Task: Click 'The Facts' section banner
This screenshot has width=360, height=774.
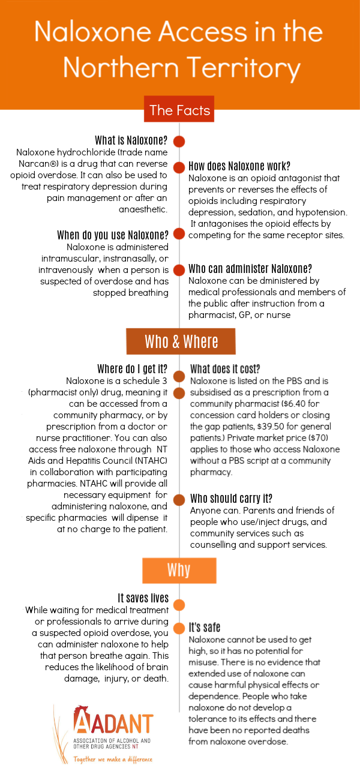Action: click(179, 110)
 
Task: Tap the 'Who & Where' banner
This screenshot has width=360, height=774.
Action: click(181, 341)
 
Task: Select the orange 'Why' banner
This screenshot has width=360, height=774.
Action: click(179, 569)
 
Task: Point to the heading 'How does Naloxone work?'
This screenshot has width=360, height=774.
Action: click(239, 166)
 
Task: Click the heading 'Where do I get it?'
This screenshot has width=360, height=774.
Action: click(132, 368)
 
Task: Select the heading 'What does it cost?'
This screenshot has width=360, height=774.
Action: click(225, 368)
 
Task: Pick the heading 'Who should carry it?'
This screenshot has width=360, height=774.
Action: click(232, 499)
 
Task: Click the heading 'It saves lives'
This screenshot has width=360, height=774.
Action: click(143, 598)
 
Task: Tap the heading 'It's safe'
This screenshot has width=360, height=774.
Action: click(205, 628)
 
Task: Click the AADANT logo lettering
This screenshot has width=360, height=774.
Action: click(114, 722)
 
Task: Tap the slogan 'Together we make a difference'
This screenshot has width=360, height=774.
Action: click(113, 759)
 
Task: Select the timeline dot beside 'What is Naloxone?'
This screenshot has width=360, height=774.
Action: click(179, 142)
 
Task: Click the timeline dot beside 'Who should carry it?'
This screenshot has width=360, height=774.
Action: click(179, 499)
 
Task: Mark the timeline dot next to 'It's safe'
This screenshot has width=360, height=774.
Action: click(179, 628)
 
